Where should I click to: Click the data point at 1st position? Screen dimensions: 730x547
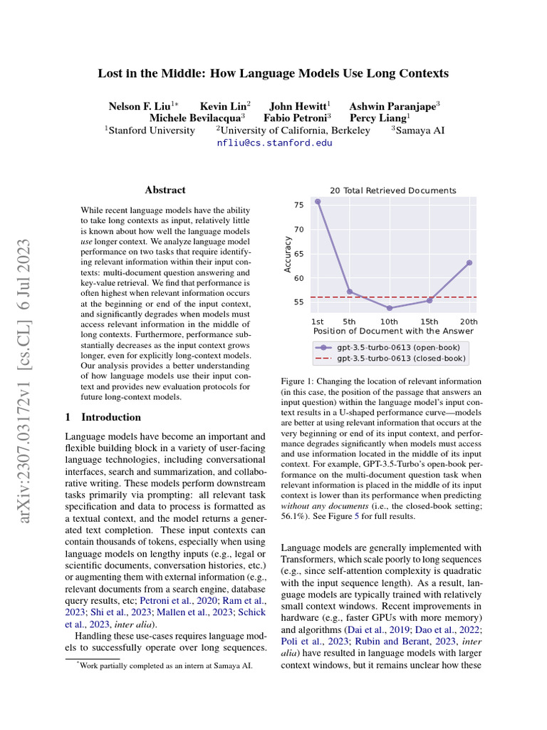click(x=318, y=202)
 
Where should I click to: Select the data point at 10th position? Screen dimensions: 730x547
click(x=389, y=308)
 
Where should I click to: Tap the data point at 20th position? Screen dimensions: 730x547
click(x=469, y=262)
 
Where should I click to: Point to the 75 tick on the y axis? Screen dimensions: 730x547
click(x=298, y=205)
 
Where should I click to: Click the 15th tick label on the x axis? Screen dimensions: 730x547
click(x=430, y=322)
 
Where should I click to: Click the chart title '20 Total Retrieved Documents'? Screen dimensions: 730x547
click(x=393, y=190)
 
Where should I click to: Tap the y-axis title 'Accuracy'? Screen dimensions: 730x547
click(x=288, y=255)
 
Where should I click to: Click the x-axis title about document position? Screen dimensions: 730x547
click(x=393, y=331)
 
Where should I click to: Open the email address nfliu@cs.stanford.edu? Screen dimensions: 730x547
click(x=274, y=143)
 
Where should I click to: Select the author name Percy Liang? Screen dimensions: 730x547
click(x=378, y=118)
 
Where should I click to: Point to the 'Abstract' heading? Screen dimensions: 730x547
click(x=165, y=190)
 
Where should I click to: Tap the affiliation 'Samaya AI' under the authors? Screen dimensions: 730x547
click(x=420, y=130)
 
